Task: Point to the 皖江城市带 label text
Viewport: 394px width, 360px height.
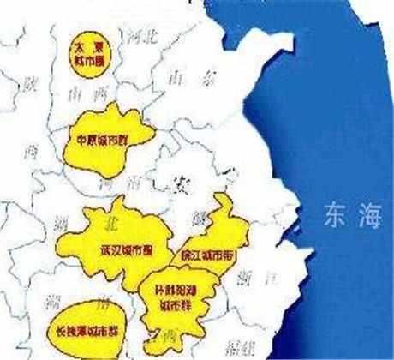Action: tap(205, 255)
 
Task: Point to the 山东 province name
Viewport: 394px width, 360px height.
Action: tap(191, 78)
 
